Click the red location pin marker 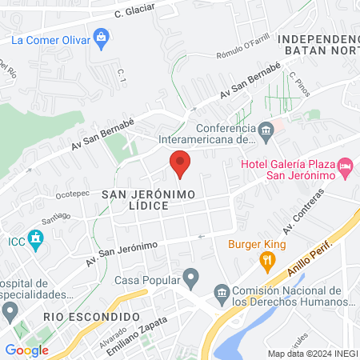pyautogui.click(x=180, y=163)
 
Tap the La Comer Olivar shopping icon pyautogui.click(x=101, y=36)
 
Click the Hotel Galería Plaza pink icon pyautogui.click(x=346, y=167)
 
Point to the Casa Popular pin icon pyautogui.click(x=190, y=279)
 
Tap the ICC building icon pyautogui.click(x=35, y=238)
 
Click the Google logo pyautogui.click(x=26, y=350)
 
